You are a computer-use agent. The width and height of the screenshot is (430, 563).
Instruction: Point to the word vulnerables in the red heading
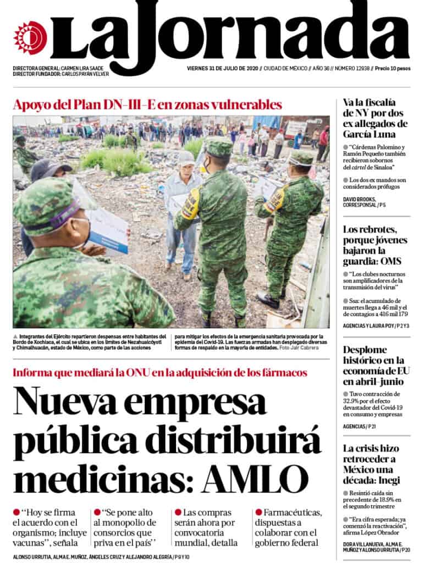(237, 104)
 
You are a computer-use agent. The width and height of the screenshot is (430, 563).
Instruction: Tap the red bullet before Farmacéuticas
(258, 512)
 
